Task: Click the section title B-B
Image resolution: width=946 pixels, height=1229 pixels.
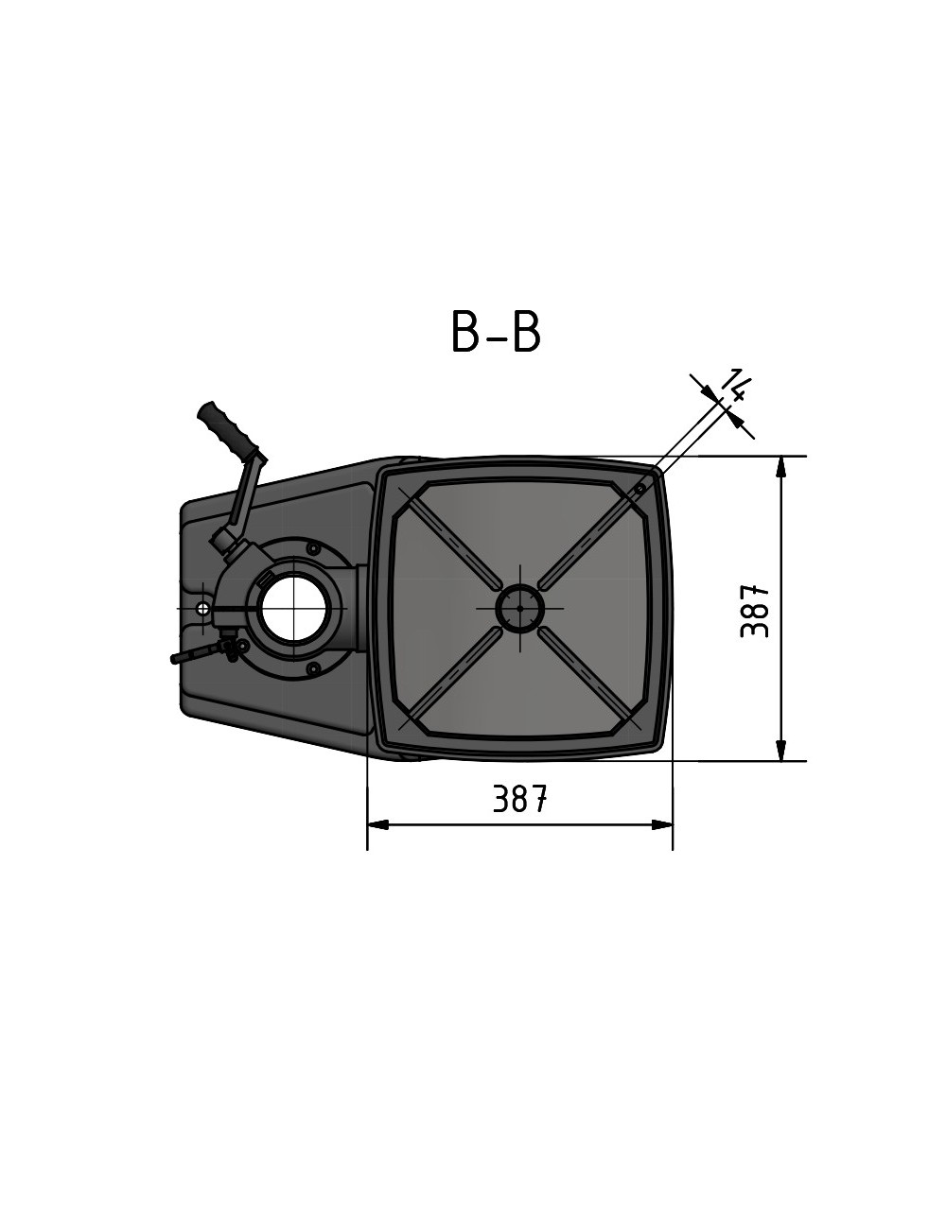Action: tap(496, 332)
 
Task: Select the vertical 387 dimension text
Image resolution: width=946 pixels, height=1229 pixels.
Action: tap(754, 611)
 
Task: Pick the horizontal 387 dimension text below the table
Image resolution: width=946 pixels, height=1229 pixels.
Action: tap(519, 800)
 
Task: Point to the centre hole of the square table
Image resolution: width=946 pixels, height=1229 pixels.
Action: tap(519, 608)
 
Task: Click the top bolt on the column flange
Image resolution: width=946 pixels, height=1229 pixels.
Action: tap(312, 546)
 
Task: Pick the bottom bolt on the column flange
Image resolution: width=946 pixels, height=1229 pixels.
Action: tap(312, 668)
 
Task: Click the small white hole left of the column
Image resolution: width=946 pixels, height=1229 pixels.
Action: tap(202, 608)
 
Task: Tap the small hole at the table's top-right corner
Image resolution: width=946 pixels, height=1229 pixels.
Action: tap(640, 489)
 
